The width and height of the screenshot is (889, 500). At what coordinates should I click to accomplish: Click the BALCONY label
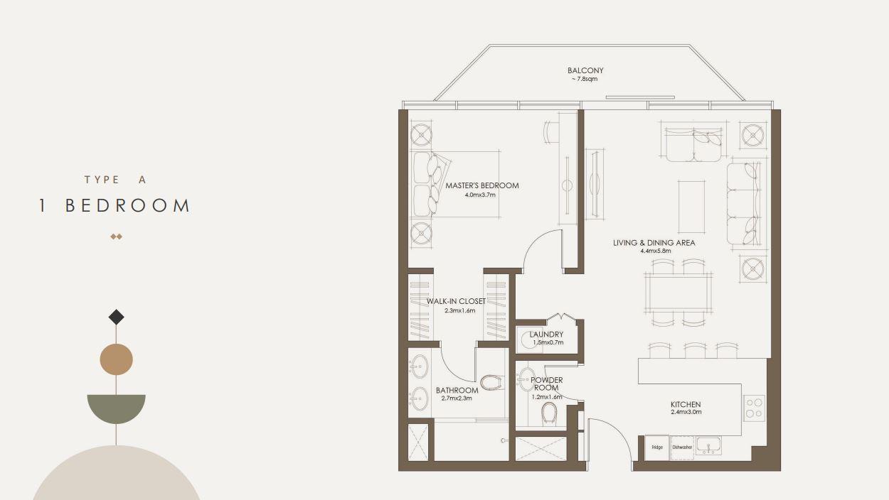pos(585,70)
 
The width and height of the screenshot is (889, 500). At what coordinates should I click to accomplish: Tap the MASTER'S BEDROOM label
pos(481,185)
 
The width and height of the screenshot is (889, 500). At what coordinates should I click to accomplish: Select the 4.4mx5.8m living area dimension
pos(655,251)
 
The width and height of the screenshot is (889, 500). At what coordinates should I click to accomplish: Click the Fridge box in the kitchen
pos(657,447)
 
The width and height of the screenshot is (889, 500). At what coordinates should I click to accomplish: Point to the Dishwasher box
pos(682,447)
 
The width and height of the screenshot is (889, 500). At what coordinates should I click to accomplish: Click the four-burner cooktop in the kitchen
pos(754,408)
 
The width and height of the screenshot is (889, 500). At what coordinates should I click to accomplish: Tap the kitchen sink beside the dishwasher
pos(708,446)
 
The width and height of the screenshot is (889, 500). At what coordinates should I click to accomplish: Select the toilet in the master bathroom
pos(491,382)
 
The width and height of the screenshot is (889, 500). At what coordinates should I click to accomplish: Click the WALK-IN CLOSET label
pos(456,302)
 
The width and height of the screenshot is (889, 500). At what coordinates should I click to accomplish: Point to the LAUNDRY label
pos(546,335)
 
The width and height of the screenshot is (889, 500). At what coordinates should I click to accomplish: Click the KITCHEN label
pos(686,405)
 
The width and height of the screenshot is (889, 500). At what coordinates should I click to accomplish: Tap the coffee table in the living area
pos(691,207)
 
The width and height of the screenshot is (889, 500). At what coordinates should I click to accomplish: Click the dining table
pos(678,292)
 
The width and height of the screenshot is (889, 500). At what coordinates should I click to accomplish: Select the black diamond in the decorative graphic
pos(117,317)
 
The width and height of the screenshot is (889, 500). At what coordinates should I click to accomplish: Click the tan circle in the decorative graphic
pos(117,359)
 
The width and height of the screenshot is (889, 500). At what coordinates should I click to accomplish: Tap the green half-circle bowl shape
pos(117,407)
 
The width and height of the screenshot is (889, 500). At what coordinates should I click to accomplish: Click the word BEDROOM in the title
pos(127,206)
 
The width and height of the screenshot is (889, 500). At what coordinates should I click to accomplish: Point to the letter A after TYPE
pos(142,180)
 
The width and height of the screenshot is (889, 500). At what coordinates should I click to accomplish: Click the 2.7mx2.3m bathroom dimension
pos(457,398)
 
